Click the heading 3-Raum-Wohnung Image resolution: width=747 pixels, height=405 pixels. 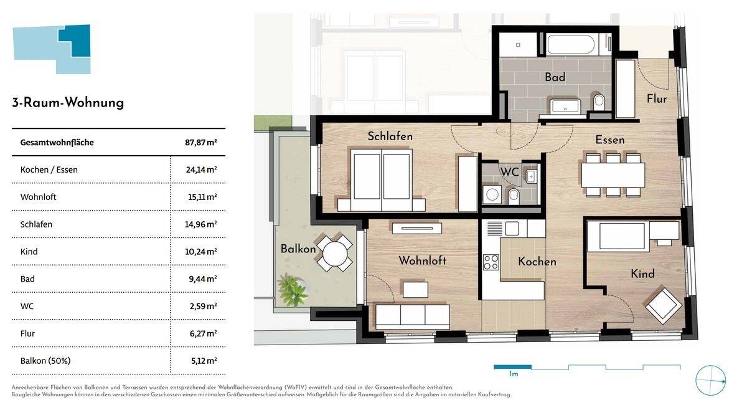(68, 103)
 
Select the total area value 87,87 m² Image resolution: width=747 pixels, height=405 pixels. (200, 143)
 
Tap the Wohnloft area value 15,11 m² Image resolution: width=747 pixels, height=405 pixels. (203, 197)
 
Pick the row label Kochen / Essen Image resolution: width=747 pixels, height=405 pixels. (49, 169)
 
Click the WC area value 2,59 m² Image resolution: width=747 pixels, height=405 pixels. (203, 306)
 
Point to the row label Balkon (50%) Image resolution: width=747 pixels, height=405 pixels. (45, 361)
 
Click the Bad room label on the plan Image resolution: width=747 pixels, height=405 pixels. (555, 77)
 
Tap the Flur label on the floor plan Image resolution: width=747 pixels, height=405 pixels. (656, 98)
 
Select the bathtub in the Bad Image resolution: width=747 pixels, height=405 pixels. (571, 45)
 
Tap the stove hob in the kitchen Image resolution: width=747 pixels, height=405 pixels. (491, 262)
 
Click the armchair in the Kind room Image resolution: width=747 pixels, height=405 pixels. (664, 306)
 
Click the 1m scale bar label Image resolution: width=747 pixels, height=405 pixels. (513, 374)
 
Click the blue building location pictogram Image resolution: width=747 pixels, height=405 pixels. (52, 49)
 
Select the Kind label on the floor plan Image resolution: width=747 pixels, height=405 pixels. (642, 274)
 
